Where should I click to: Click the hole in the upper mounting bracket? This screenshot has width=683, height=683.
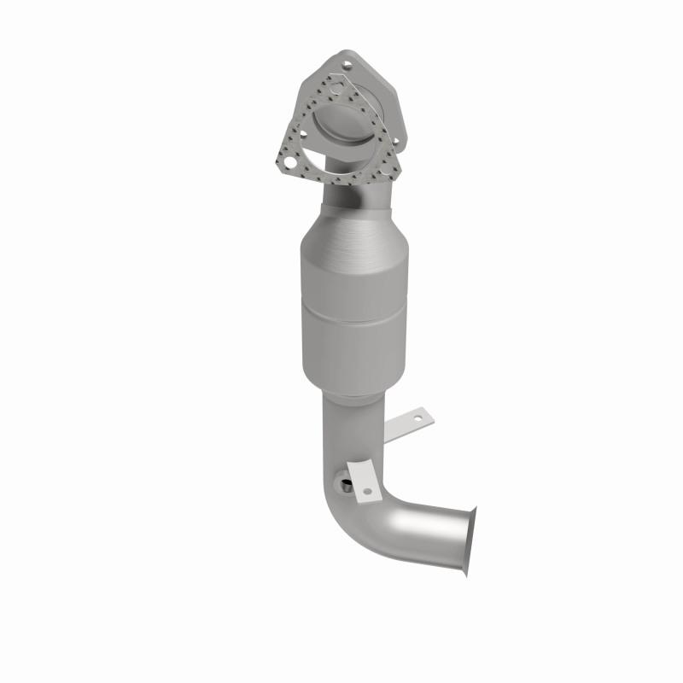click(x=417, y=418)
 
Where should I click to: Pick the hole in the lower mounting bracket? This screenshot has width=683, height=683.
click(x=368, y=491)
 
